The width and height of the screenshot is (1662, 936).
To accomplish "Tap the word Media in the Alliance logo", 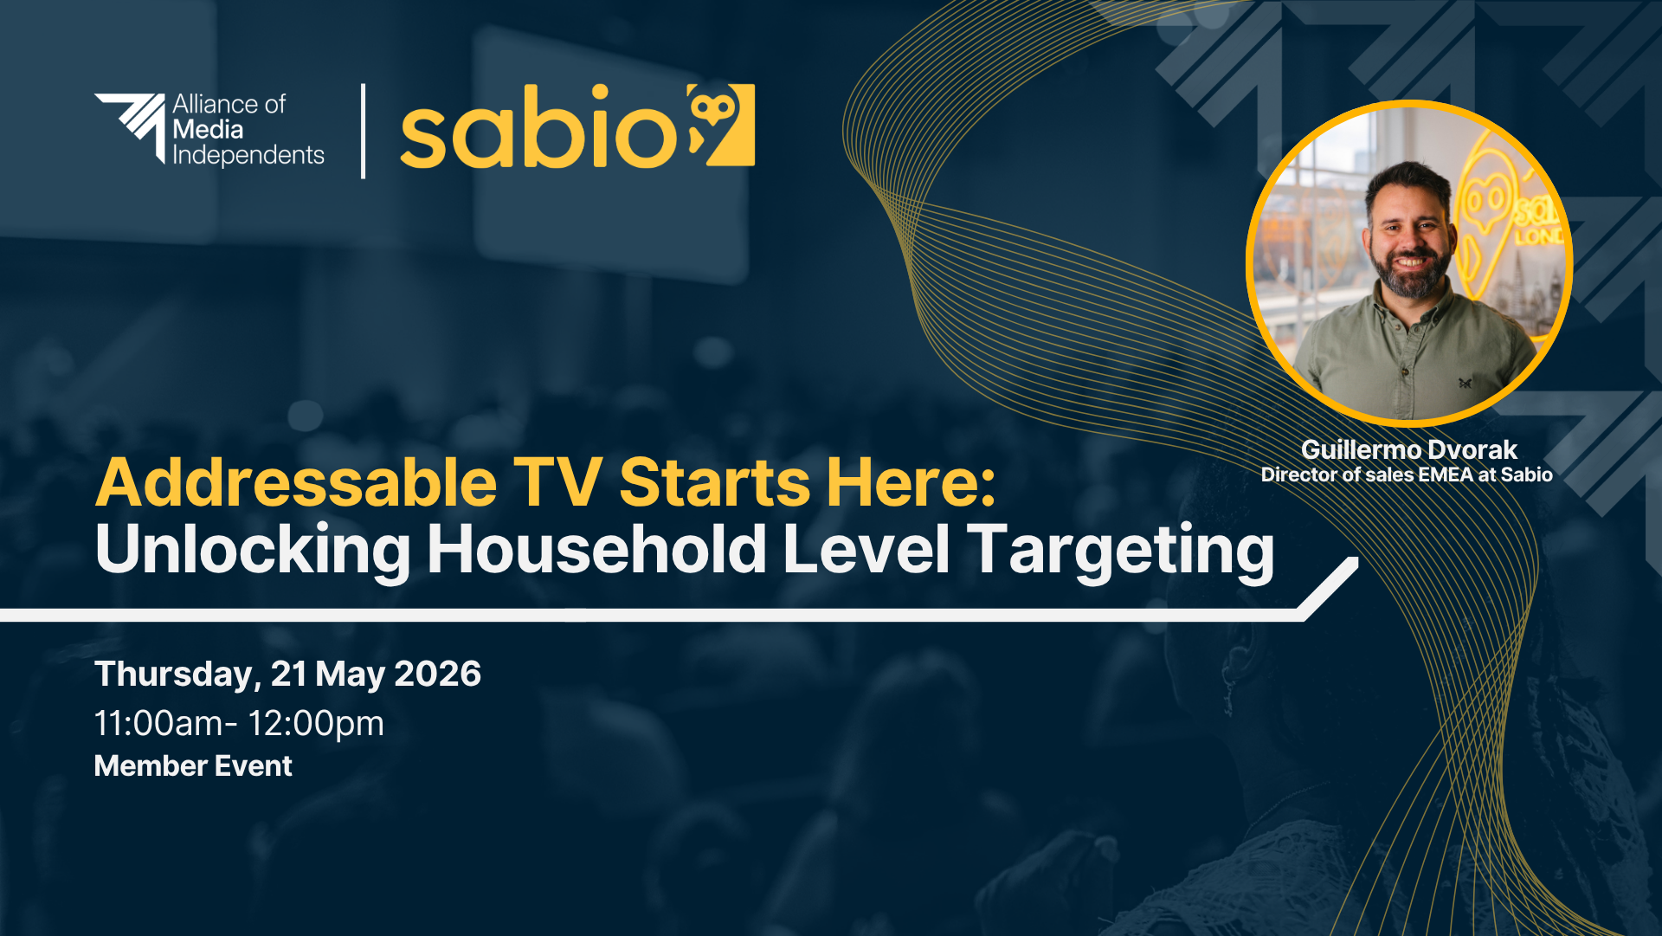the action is pyautogui.click(x=208, y=130).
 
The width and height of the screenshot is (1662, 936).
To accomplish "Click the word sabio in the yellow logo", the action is pyautogui.click(x=538, y=128).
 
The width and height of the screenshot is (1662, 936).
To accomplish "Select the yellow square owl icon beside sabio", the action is pyautogui.click(x=721, y=125).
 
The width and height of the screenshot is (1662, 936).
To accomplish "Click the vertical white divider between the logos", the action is pyautogui.click(x=363, y=131).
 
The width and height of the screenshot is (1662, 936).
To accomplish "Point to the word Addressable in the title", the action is pyautogui.click(x=296, y=482).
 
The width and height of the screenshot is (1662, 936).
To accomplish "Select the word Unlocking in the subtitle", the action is pyautogui.click(x=253, y=551).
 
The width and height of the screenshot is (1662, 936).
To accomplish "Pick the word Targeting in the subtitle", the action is pyautogui.click(x=1121, y=551).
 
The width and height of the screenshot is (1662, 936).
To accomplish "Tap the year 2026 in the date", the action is pyautogui.click(x=437, y=674).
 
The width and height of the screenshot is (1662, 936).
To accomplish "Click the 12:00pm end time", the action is pyautogui.click(x=316, y=724).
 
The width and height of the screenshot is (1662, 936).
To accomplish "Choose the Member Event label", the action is pyautogui.click(x=193, y=766).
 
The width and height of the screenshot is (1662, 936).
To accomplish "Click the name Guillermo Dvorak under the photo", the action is pyautogui.click(x=1409, y=449).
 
